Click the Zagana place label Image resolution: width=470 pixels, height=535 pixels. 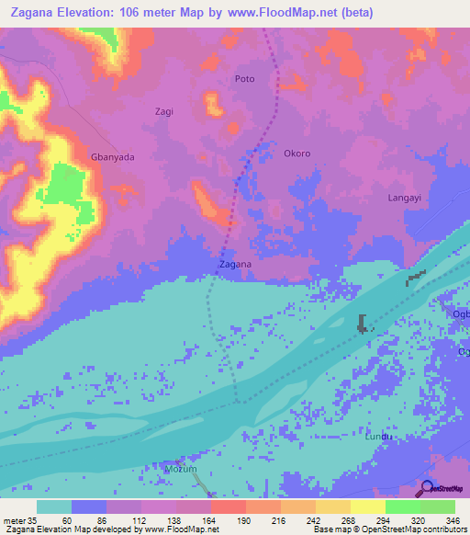[236, 265]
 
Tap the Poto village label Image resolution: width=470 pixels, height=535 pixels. [245, 79]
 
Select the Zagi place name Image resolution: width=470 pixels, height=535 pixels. [163, 111]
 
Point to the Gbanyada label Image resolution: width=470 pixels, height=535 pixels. [112, 157]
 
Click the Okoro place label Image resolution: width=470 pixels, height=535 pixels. [297, 154]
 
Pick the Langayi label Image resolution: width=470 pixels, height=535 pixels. [405, 198]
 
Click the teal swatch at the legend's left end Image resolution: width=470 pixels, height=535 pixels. [54, 507]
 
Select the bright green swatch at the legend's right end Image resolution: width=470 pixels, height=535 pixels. [438, 507]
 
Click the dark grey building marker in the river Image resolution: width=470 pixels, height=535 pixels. [364, 323]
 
